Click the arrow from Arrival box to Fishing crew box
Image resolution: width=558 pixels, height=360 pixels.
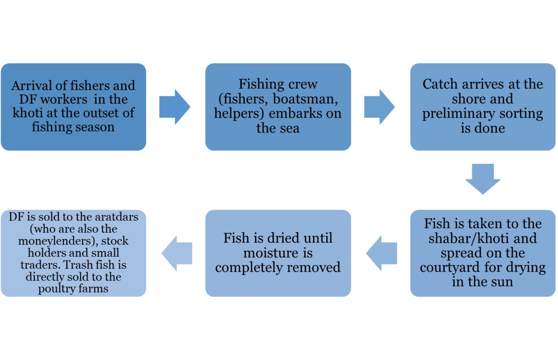pyautogui.click(x=174, y=107)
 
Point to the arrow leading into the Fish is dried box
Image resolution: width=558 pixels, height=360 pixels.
pyautogui.click(x=382, y=253)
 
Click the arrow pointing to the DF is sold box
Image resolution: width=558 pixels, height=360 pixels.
pyautogui.click(x=177, y=253)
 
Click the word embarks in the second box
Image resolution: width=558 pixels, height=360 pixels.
pyautogui.click(x=300, y=113)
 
